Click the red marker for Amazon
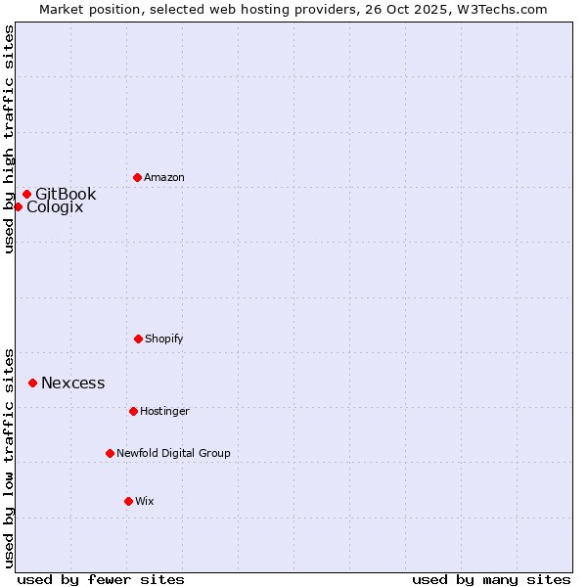pyautogui.click(x=137, y=177)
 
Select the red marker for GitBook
pyautogui.click(x=26, y=194)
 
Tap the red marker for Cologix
pyautogui.click(x=18, y=206)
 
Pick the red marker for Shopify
pyautogui.click(x=138, y=339)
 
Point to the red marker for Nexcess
pyautogui.click(x=32, y=383)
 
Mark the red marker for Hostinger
pyautogui.click(x=133, y=411)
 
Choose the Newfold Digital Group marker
pyautogui.click(x=110, y=453)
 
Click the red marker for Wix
pyautogui.click(x=128, y=501)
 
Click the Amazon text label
pyautogui.click(x=164, y=178)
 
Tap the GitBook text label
pyautogui.click(x=66, y=194)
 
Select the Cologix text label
pyautogui.click(x=55, y=207)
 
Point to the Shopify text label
pyautogui.click(x=164, y=339)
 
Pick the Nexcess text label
pyautogui.click(x=72, y=384)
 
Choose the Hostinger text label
pyautogui.click(x=164, y=412)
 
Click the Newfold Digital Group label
pyautogui.click(x=173, y=454)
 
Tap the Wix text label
pyautogui.click(x=145, y=502)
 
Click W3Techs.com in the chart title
pyautogui.click(x=499, y=9)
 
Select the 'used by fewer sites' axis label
pyautogui.click(x=101, y=579)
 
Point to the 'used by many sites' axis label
pyautogui.click(x=491, y=579)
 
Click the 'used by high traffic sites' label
pyautogui.click(x=10, y=139)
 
